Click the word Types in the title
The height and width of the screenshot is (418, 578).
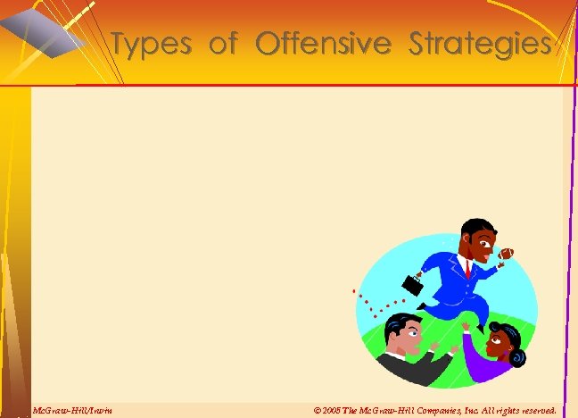(153, 44)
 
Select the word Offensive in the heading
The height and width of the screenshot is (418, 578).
(322, 43)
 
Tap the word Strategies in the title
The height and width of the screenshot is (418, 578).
(479, 44)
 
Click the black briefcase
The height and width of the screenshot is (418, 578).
(413, 285)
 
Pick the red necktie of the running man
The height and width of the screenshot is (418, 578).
(467, 267)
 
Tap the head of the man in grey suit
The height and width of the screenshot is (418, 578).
(403, 334)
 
